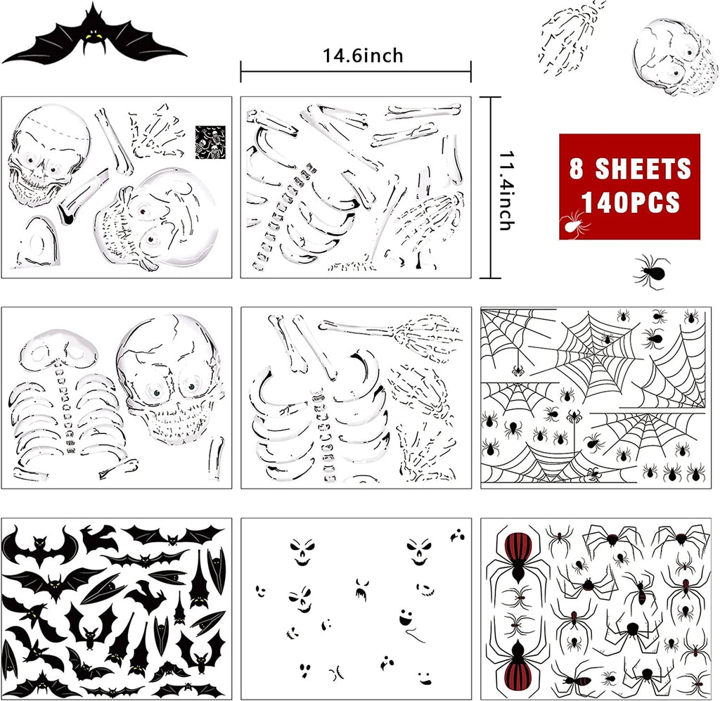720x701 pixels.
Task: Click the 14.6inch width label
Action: tap(363, 55)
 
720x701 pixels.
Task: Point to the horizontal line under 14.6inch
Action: tap(355, 71)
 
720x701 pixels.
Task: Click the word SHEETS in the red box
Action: tap(643, 169)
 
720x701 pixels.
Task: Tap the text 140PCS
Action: tap(631, 202)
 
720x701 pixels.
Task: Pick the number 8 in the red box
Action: tap(577, 169)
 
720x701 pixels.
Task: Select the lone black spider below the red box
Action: tap(650, 271)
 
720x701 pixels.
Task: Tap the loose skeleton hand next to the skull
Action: tap(567, 39)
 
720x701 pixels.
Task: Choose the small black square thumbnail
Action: tap(209, 141)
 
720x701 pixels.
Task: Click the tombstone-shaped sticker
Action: tap(35, 243)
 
